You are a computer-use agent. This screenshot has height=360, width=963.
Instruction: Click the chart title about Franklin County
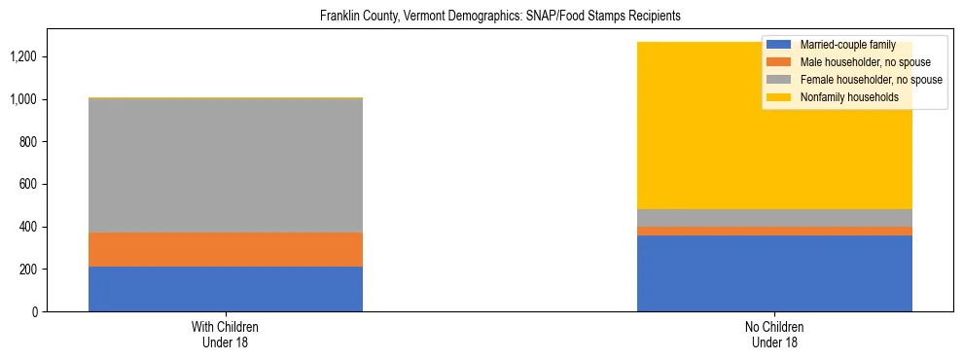coord(500,16)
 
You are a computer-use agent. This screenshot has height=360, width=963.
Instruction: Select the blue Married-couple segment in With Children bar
coord(226,289)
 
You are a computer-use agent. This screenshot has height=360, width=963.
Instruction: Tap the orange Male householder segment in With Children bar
coord(226,249)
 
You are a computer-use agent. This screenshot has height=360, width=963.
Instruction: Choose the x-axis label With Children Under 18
coord(226,335)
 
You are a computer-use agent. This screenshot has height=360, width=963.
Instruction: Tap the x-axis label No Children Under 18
coord(774,335)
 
